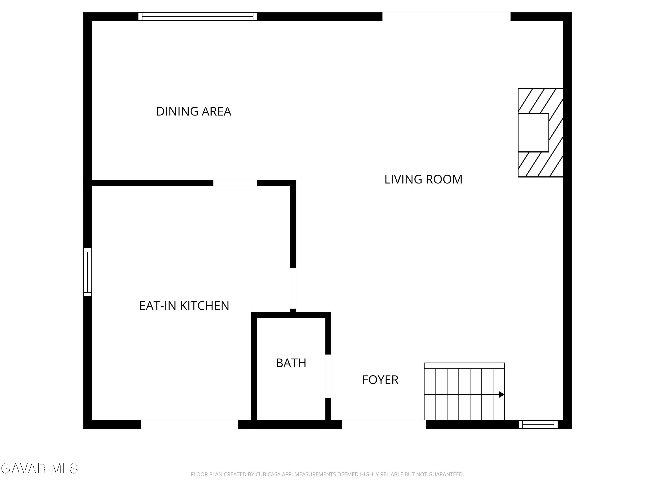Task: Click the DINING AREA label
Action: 194,112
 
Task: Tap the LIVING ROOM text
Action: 423,179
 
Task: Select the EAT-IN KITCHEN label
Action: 184,306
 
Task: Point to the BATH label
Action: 291,363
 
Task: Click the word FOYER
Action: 380,380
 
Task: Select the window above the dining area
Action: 198,17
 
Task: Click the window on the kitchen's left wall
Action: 88,272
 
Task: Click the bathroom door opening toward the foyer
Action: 328,376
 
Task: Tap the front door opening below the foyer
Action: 384,424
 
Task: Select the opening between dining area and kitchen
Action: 235,183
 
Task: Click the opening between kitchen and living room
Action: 293,288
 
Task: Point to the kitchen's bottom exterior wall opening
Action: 190,424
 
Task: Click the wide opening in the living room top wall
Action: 446,17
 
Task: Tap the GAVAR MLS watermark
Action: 39,469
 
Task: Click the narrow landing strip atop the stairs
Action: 464,366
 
